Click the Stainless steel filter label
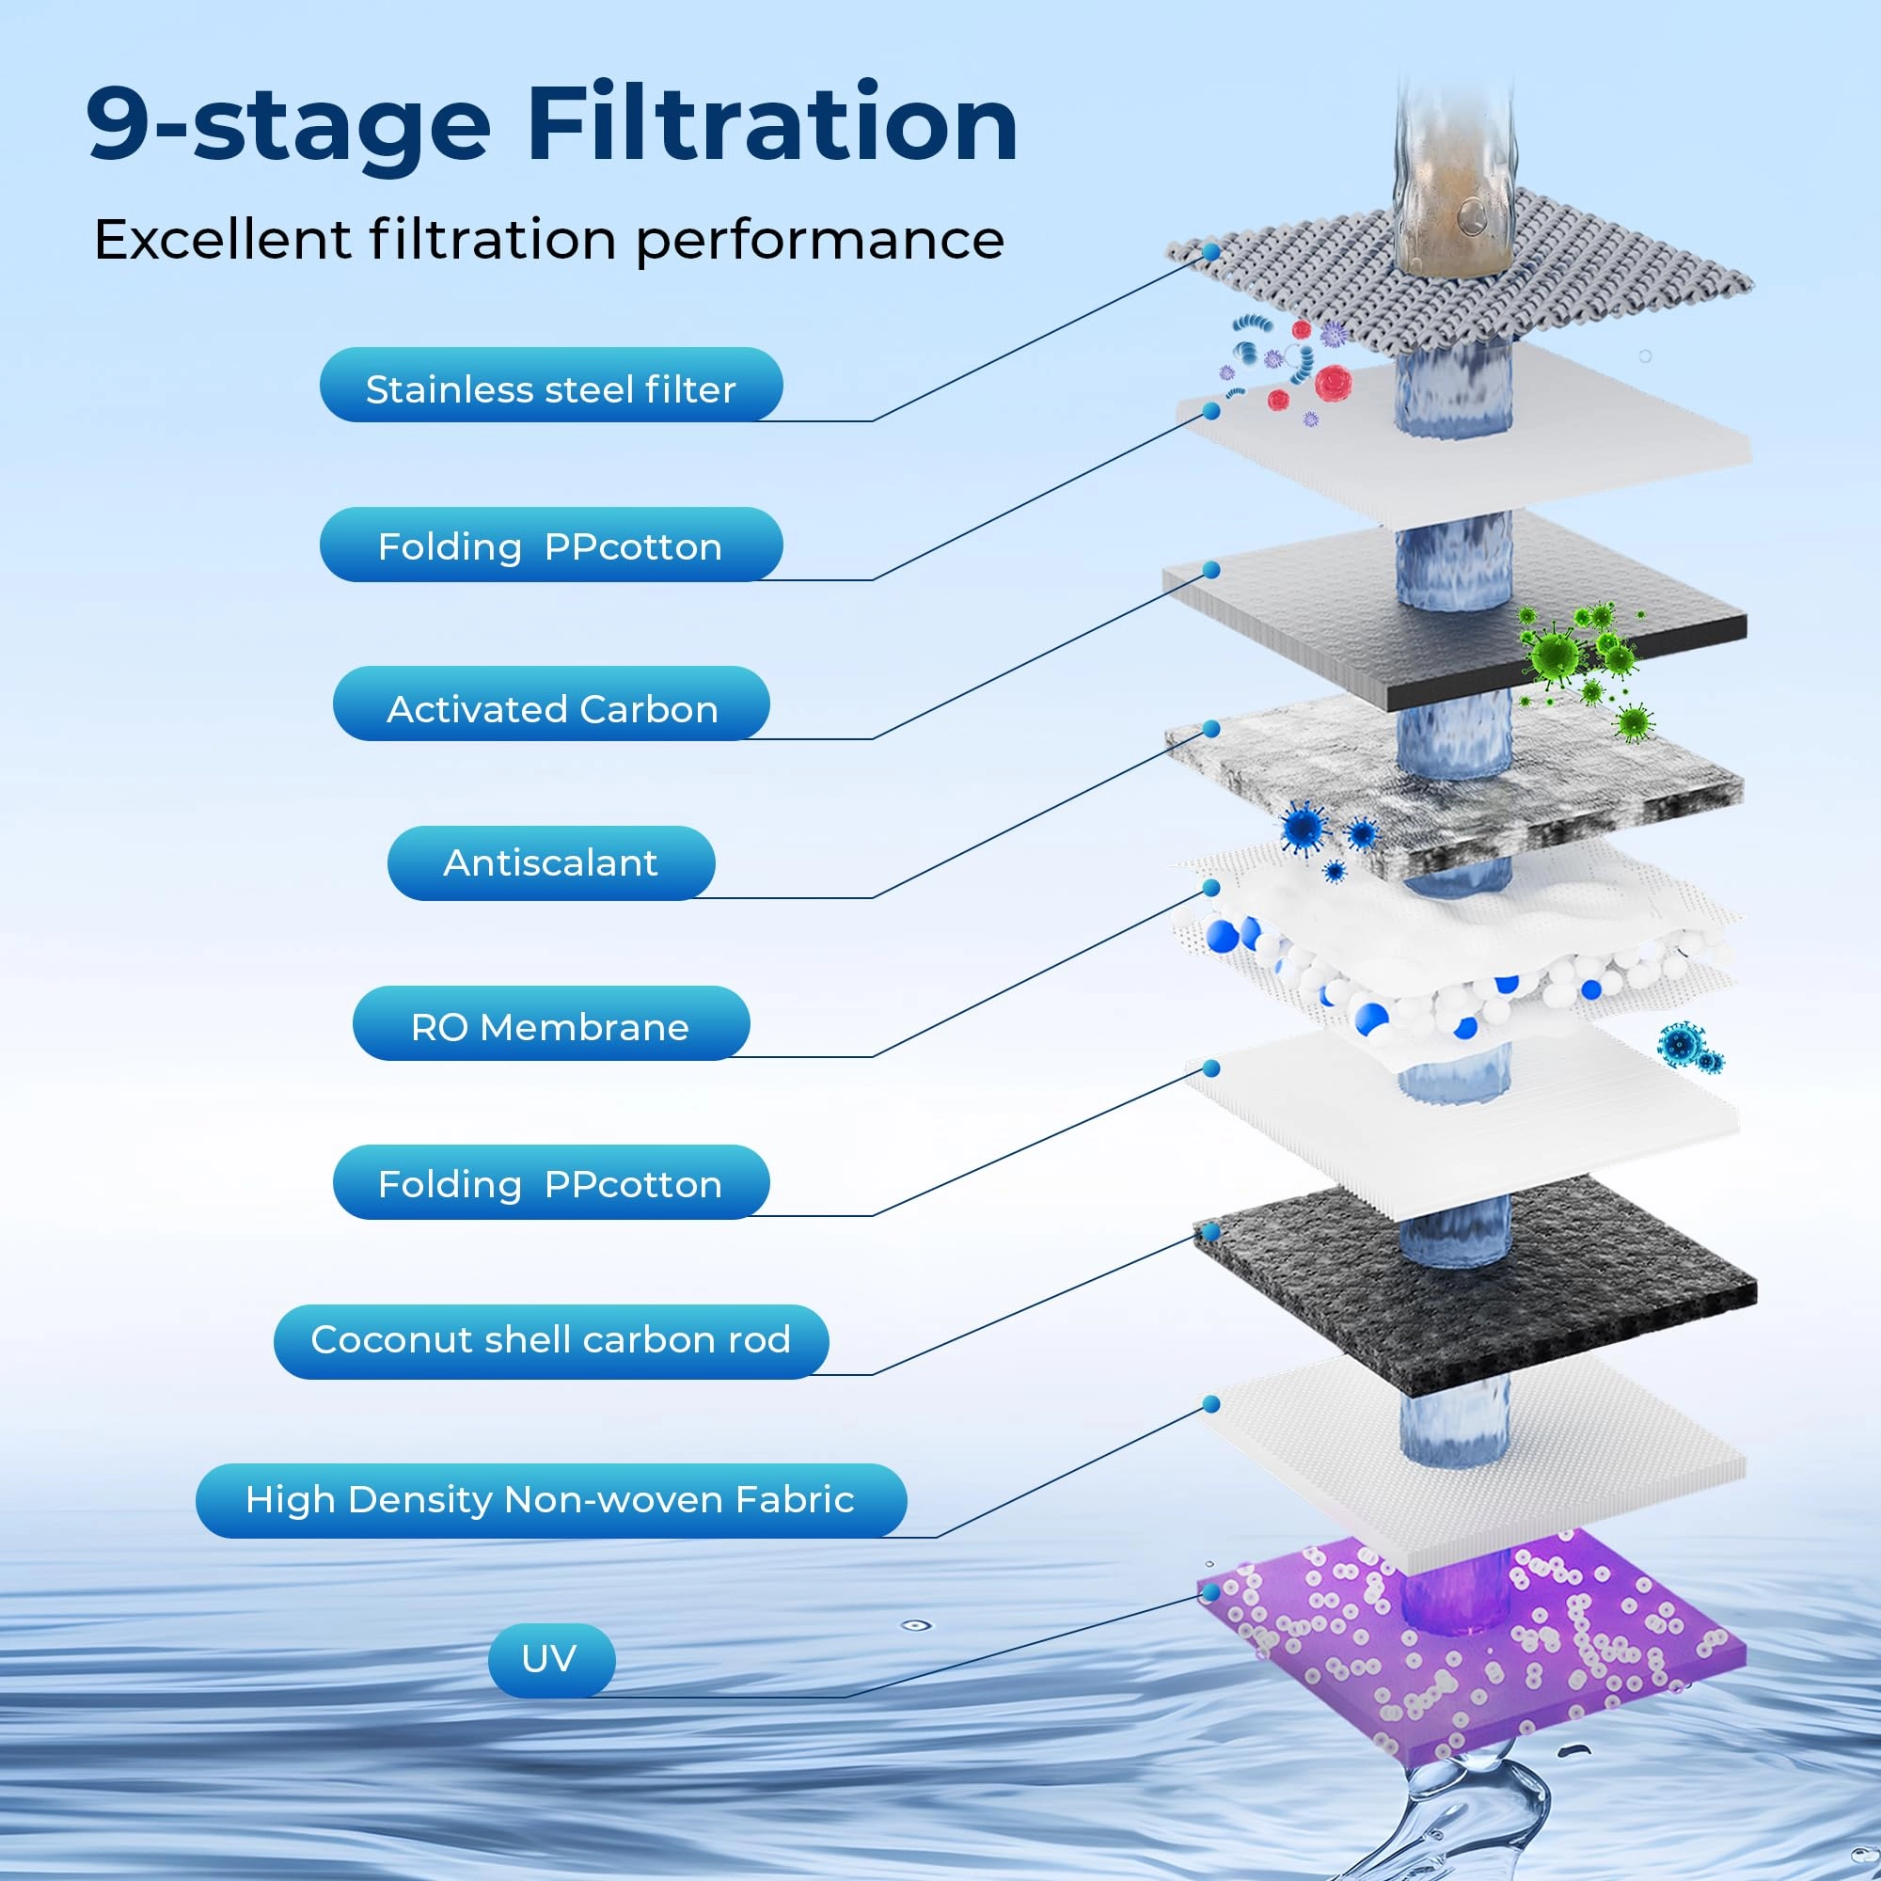pos(550,389)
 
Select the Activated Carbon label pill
pos(551,709)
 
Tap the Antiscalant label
pos(551,862)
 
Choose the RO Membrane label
pos(551,1027)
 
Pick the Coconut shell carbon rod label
pos(551,1339)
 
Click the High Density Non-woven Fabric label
pos(551,1499)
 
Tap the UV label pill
pos(551,1658)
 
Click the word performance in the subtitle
pos(820,240)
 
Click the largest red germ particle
pos(1332,383)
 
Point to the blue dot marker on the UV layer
pos(1211,1592)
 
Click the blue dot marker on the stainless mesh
pos(1211,251)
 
